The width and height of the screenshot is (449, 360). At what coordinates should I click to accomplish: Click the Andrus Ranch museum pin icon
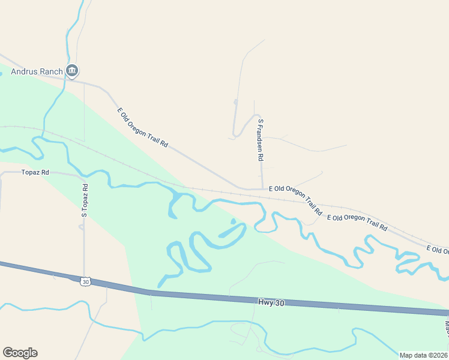[72, 71]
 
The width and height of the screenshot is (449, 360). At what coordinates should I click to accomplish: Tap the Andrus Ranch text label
[37, 72]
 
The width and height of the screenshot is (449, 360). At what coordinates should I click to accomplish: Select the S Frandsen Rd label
[261, 140]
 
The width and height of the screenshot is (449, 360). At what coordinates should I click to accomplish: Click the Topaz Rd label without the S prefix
[35, 172]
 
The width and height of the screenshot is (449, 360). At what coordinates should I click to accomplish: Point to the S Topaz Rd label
[85, 200]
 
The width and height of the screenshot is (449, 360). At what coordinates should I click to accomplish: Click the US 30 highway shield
[86, 281]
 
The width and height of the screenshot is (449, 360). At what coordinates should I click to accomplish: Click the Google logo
[20, 353]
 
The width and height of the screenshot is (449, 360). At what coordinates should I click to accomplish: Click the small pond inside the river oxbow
[233, 221]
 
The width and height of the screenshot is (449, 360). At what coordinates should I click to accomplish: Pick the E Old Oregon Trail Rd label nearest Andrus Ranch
[142, 128]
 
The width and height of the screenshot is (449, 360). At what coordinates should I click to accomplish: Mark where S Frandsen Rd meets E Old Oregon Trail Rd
[262, 189]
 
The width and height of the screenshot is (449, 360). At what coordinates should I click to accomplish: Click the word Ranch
[51, 72]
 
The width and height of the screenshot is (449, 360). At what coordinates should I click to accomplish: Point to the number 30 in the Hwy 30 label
[279, 304]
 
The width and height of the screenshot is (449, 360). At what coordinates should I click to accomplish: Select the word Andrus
[25, 72]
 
